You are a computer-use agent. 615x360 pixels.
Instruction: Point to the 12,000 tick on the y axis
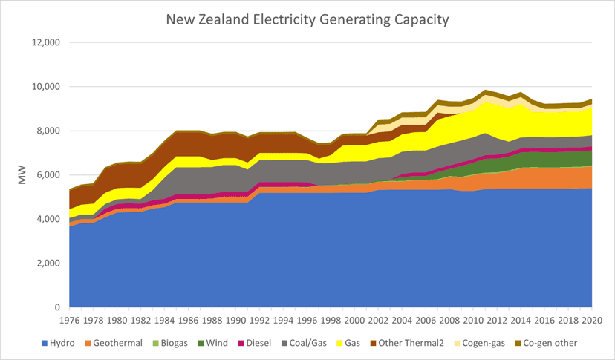46,42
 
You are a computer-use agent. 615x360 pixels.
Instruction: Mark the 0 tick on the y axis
57,307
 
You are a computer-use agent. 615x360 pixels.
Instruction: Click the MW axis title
22,175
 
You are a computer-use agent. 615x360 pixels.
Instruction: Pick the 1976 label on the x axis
69,321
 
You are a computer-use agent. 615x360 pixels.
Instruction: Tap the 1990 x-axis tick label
235,321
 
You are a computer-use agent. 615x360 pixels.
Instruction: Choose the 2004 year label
402,321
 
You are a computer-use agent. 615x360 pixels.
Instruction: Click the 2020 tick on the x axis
592,321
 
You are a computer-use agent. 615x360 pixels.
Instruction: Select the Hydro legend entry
58,343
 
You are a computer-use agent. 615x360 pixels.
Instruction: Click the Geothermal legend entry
114,343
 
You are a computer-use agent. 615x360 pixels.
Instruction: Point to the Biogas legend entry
170,343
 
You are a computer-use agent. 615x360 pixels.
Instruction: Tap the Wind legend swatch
201,343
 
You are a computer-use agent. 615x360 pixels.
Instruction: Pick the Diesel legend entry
255,343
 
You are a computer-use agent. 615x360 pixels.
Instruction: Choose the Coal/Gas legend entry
304,343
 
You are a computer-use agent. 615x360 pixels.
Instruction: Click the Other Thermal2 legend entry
407,343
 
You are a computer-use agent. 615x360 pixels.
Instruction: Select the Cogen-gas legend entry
480,343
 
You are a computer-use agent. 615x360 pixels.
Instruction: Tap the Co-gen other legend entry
547,343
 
